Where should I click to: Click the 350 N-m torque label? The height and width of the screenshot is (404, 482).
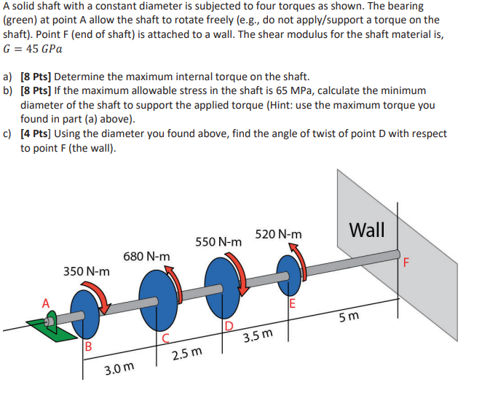tap(87, 271)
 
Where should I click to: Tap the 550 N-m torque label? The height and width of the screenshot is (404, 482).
tap(218, 241)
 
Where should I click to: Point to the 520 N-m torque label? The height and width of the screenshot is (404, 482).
tap(278, 234)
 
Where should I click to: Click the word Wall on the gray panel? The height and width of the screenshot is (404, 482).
tap(368, 230)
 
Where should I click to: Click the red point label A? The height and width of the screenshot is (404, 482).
tap(45, 303)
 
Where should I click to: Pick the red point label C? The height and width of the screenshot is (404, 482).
tap(166, 337)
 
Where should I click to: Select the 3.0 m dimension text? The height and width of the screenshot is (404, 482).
tap(117, 370)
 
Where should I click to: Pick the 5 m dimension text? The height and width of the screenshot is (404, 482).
tap(349, 319)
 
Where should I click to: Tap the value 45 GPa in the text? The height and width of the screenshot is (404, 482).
tap(42, 49)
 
